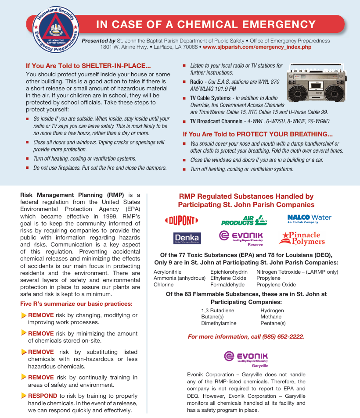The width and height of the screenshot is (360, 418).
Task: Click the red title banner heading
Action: pyautogui.click(x=206, y=25)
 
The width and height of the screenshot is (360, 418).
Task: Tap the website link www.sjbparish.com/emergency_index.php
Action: pyautogui.click(x=257, y=47)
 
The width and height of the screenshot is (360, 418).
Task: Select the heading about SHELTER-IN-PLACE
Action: pyautogui.click(x=88, y=66)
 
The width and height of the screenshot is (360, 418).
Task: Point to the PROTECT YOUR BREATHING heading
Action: pyautogui.click(x=258, y=134)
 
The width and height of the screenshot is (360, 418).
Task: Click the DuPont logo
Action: pyautogui.click(x=181, y=220)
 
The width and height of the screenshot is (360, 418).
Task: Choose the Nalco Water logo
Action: pyautogui.click(x=309, y=218)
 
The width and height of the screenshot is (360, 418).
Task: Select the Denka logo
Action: pyautogui.click(x=187, y=238)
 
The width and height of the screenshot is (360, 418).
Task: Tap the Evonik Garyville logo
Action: pyautogui.click(x=246, y=358)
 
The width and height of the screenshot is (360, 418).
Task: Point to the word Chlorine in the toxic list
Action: pyautogui.click(x=163, y=285)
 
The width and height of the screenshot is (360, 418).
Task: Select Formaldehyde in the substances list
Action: pyautogui.click(x=227, y=285)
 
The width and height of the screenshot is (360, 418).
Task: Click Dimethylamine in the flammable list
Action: pyautogui.click(x=219, y=323)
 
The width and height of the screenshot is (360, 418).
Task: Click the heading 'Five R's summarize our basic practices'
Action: pyautogui.click(x=76, y=304)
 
